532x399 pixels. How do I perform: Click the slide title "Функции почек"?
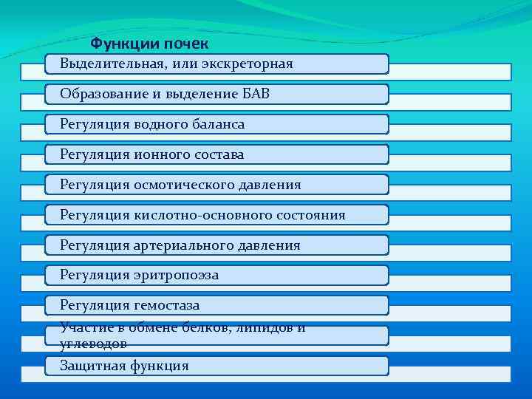pos(149,44)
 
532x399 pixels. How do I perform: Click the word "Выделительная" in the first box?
pos(112,64)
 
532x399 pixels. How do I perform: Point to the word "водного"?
pos(160,125)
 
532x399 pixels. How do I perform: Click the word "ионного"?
pos(160,155)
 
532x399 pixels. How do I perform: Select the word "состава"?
pos(217,155)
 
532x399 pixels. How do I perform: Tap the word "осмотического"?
pos(180,185)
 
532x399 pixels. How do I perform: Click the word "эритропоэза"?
pos(177,276)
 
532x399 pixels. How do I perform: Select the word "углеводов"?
pos(93,344)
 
